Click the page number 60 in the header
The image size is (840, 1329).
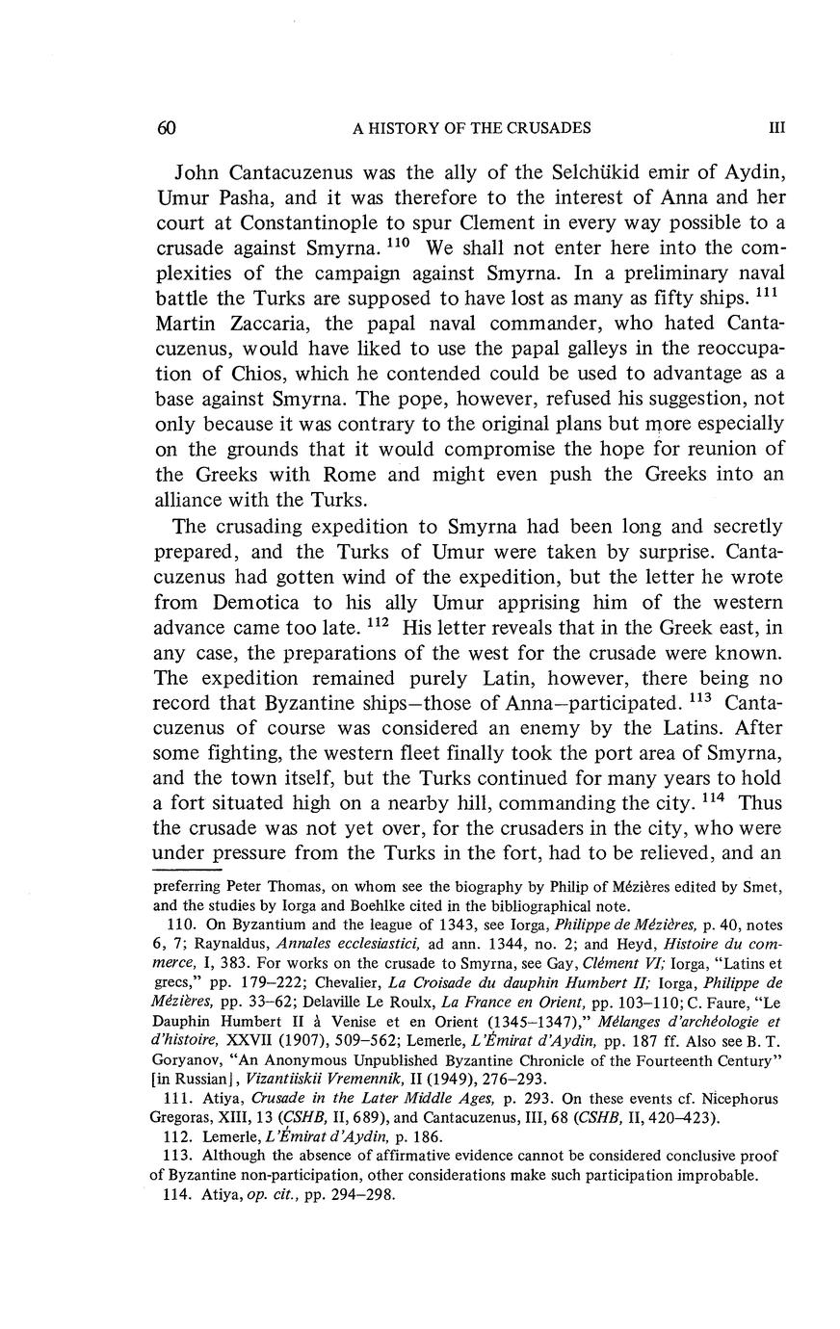164,128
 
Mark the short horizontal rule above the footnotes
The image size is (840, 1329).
188,868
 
